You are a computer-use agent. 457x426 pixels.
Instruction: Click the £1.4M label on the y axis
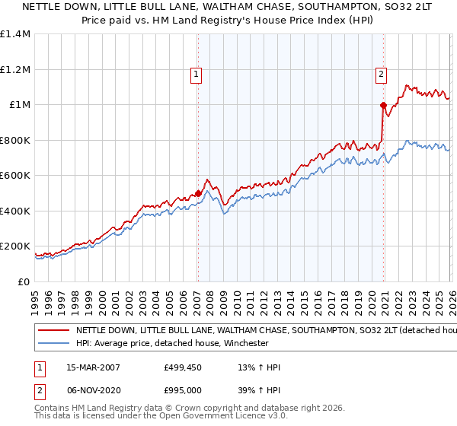tap(14, 34)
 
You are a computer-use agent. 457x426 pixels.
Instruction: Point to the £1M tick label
tap(18, 105)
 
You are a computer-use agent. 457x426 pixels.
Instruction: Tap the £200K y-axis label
tap(14, 246)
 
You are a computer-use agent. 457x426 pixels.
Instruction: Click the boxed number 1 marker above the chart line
tap(197, 74)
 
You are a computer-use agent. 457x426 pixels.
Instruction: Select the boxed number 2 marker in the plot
tap(381, 74)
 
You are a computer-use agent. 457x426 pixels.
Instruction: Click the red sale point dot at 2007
tap(199, 193)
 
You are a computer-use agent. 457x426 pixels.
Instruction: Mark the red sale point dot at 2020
tap(382, 105)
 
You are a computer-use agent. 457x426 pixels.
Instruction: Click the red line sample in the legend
tap(53, 332)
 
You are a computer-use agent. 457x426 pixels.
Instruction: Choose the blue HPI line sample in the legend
tap(53, 344)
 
